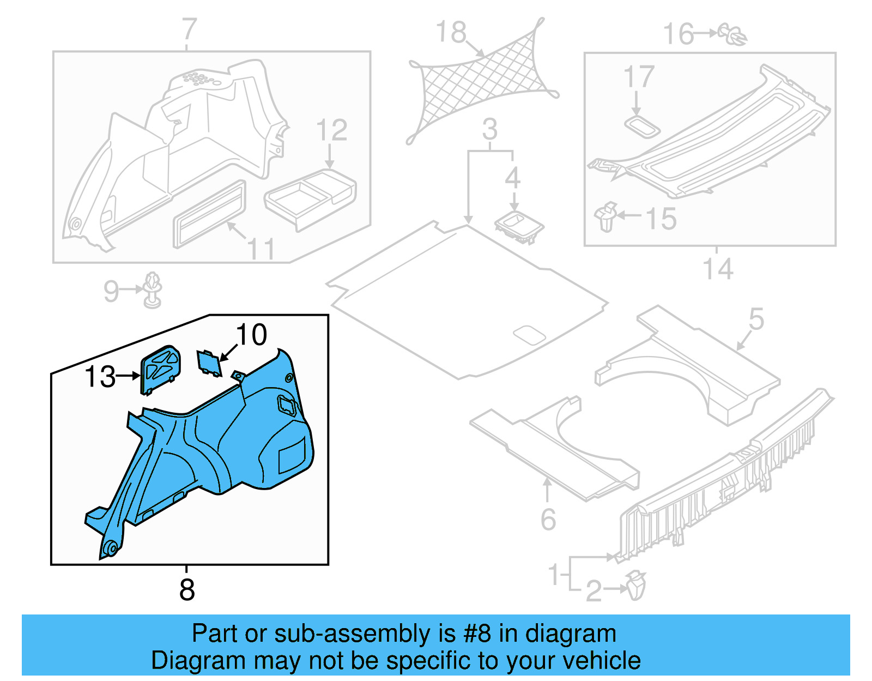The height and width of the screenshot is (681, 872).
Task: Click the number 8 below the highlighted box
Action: [187, 589]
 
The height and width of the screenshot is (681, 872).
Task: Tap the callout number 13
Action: [100, 376]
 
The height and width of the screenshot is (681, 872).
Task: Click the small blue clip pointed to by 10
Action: [209, 363]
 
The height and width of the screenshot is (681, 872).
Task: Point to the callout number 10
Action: [251, 334]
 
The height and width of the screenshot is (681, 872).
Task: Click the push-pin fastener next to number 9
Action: [153, 290]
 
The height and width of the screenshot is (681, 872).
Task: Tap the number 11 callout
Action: [261, 249]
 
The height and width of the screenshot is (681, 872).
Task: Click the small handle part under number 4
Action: [519, 226]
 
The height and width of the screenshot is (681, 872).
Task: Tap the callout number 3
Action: [489, 130]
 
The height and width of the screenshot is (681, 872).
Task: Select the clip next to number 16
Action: [734, 34]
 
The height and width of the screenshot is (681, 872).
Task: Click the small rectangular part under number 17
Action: [642, 126]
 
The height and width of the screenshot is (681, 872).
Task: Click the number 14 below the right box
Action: [717, 269]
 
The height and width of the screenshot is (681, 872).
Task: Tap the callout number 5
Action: [756, 318]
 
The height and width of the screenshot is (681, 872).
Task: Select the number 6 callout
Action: [548, 519]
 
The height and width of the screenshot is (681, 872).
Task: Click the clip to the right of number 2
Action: [635, 586]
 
